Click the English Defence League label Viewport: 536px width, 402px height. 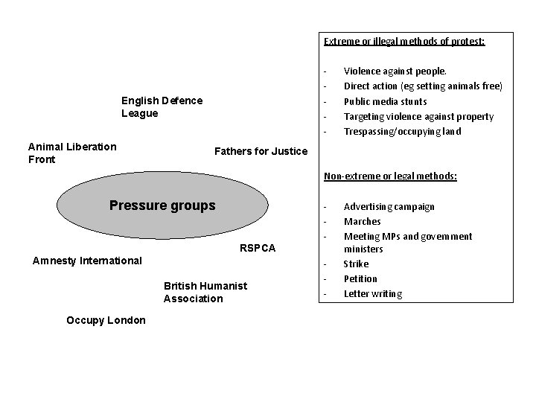[162, 107]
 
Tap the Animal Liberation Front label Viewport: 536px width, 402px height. [71, 153]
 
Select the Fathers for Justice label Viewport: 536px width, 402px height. [261, 152]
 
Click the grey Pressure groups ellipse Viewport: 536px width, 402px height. [162, 205]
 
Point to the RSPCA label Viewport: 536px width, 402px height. [258, 248]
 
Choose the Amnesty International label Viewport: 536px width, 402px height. [87, 261]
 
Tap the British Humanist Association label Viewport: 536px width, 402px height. [205, 292]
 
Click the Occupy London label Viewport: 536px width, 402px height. [106, 319]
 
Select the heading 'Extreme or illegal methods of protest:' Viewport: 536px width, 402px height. [404, 42]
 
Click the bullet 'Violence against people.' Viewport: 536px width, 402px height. [395, 71]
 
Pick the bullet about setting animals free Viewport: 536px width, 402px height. [423, 86]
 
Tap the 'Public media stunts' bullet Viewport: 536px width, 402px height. [385, 101]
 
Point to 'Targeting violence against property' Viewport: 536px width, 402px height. [418, 116]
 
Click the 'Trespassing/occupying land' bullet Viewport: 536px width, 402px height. [402, 131]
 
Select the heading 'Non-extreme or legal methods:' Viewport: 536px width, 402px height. [390, 176]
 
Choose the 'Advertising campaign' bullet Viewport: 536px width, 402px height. [389, 206]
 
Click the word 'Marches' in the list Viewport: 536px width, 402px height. [362, 221]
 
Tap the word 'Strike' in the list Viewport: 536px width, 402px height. [356, 264]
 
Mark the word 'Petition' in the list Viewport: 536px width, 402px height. [360, 278]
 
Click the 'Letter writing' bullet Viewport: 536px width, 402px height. [372, 293]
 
